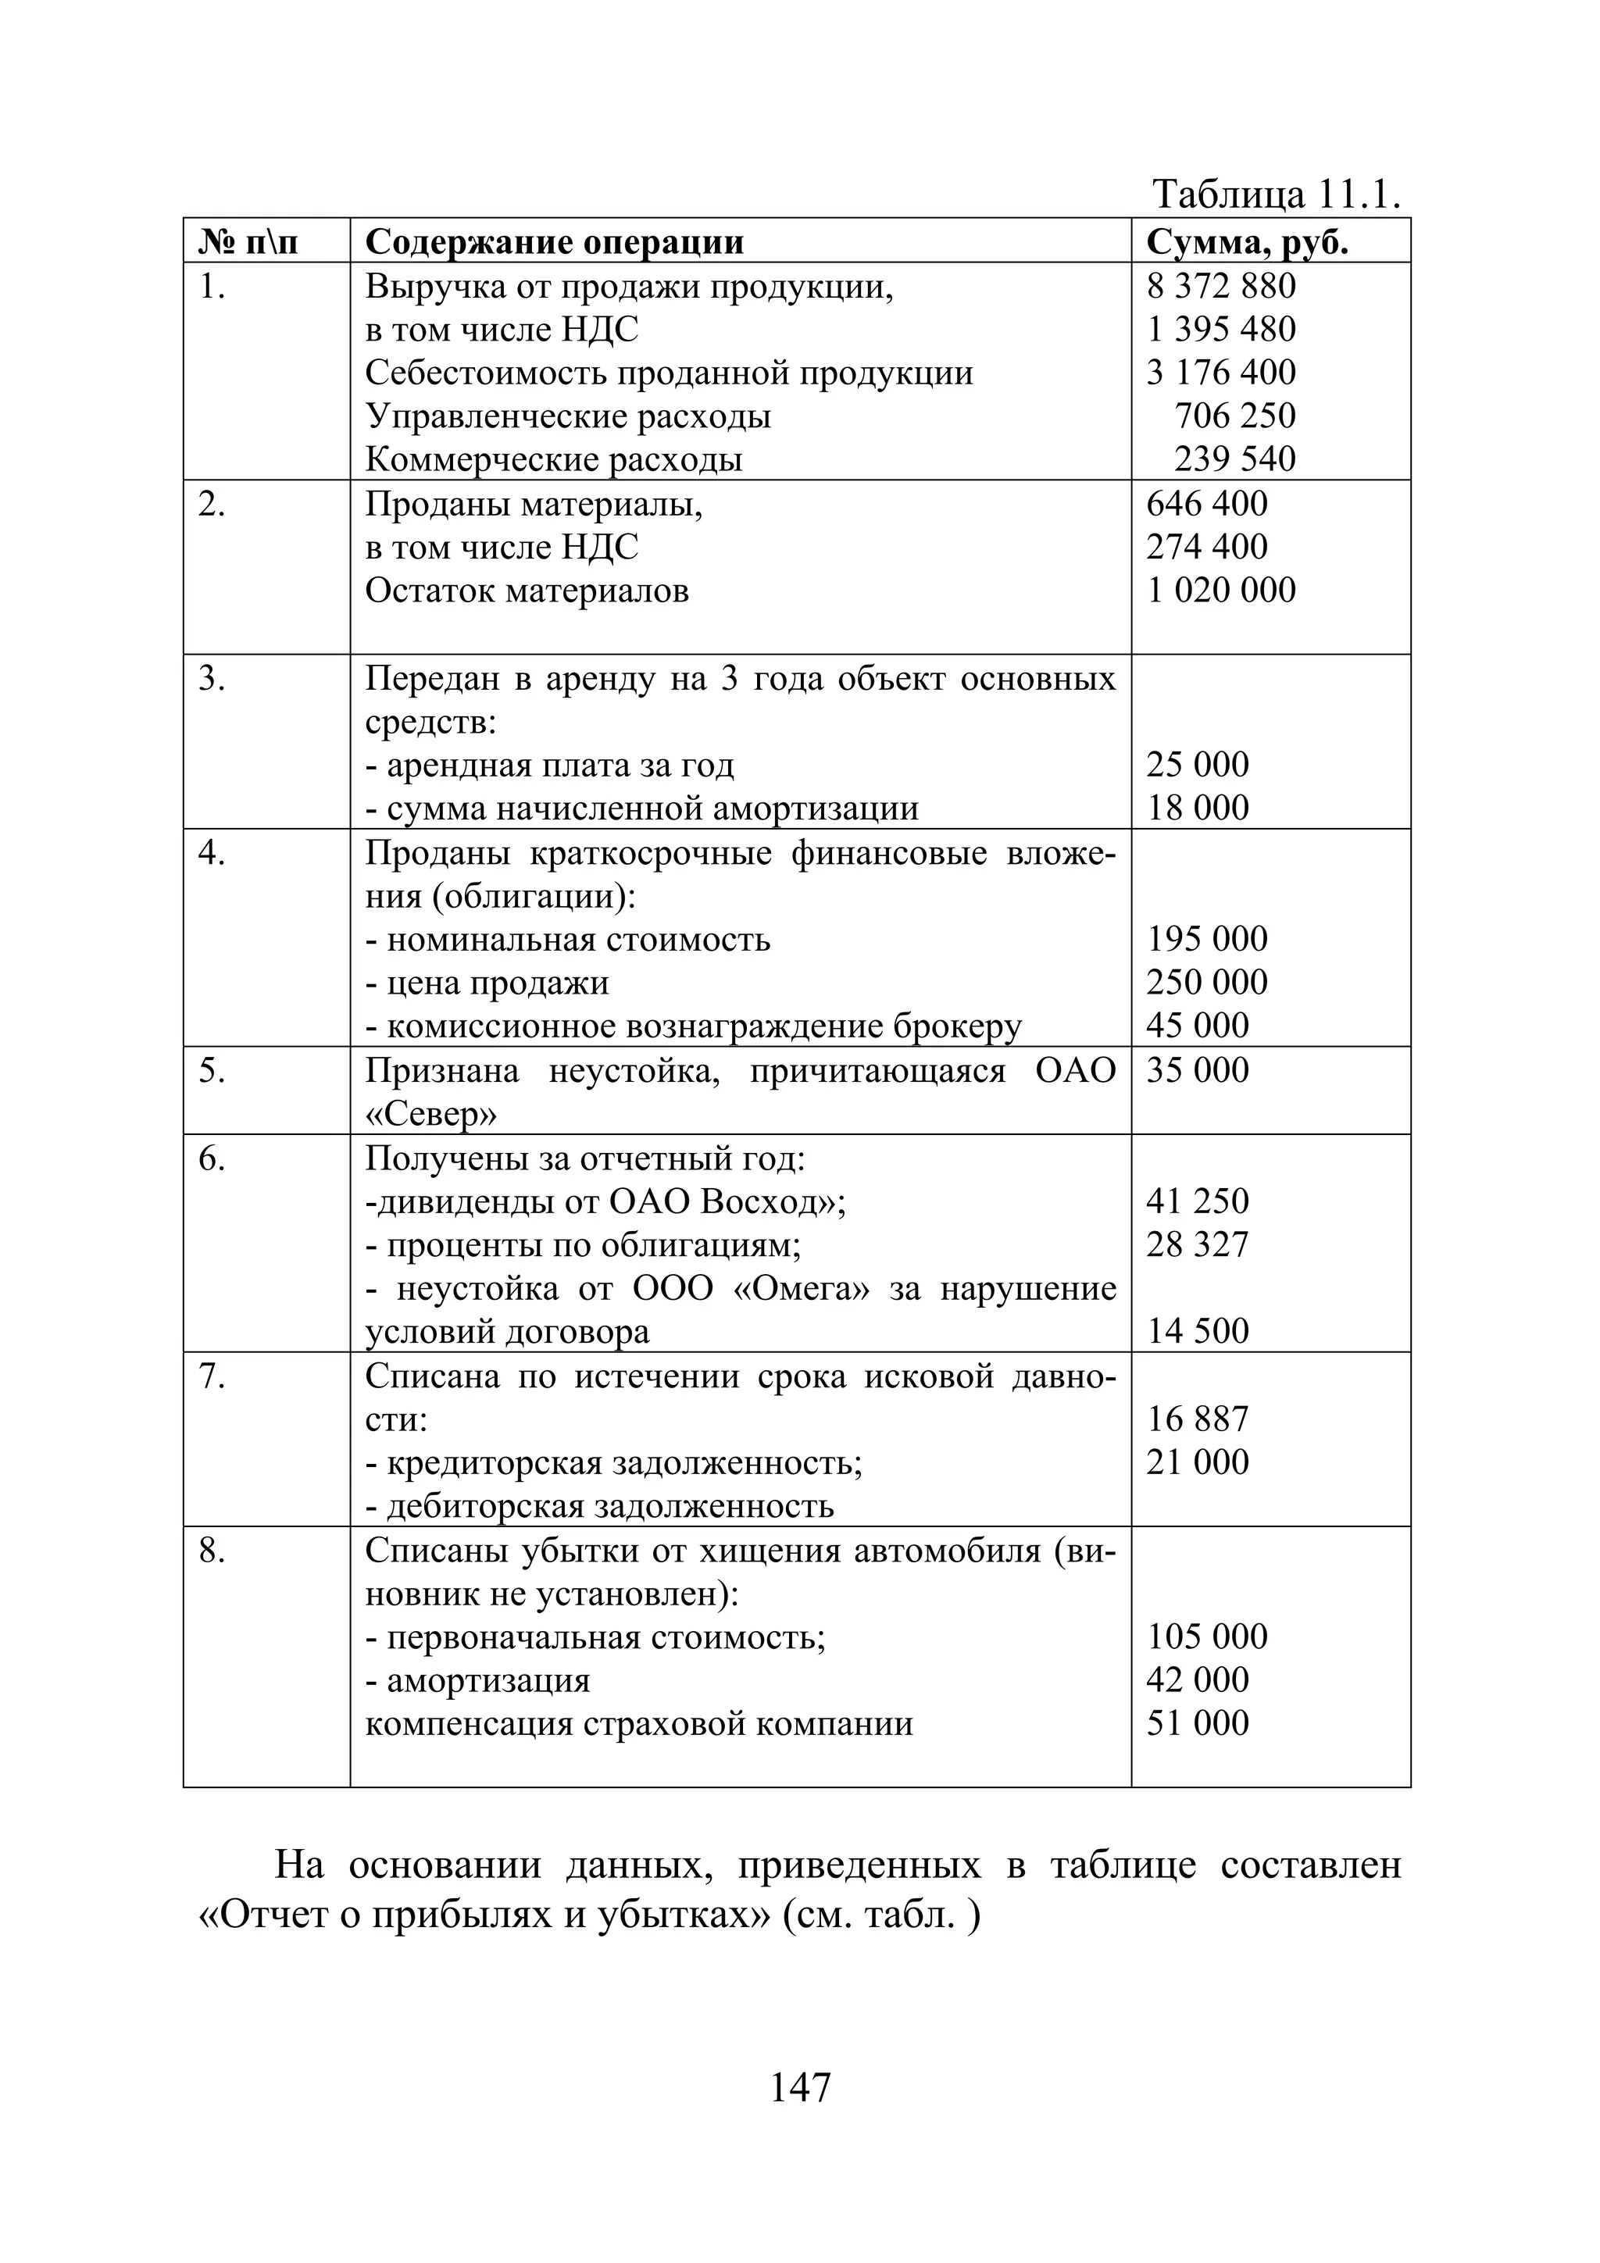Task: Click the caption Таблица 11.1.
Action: click(1276, 195)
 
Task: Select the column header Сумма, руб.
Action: click(1246, 241)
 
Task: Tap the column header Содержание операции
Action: click(554, 241)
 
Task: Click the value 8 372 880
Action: click(1220, 286)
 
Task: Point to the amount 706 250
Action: click(1234, 416)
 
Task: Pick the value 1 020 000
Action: click(1220, 591)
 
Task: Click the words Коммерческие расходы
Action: click(553, 459)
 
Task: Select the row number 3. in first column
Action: click(212, 679)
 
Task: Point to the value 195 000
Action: click(1207, 938)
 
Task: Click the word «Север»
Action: click(430, 1114)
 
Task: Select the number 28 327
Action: click(1197, 1245)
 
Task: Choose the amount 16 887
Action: click(1197, 1419)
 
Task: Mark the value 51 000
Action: click(1197, 1723)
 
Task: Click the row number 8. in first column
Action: click(212, 1551)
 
